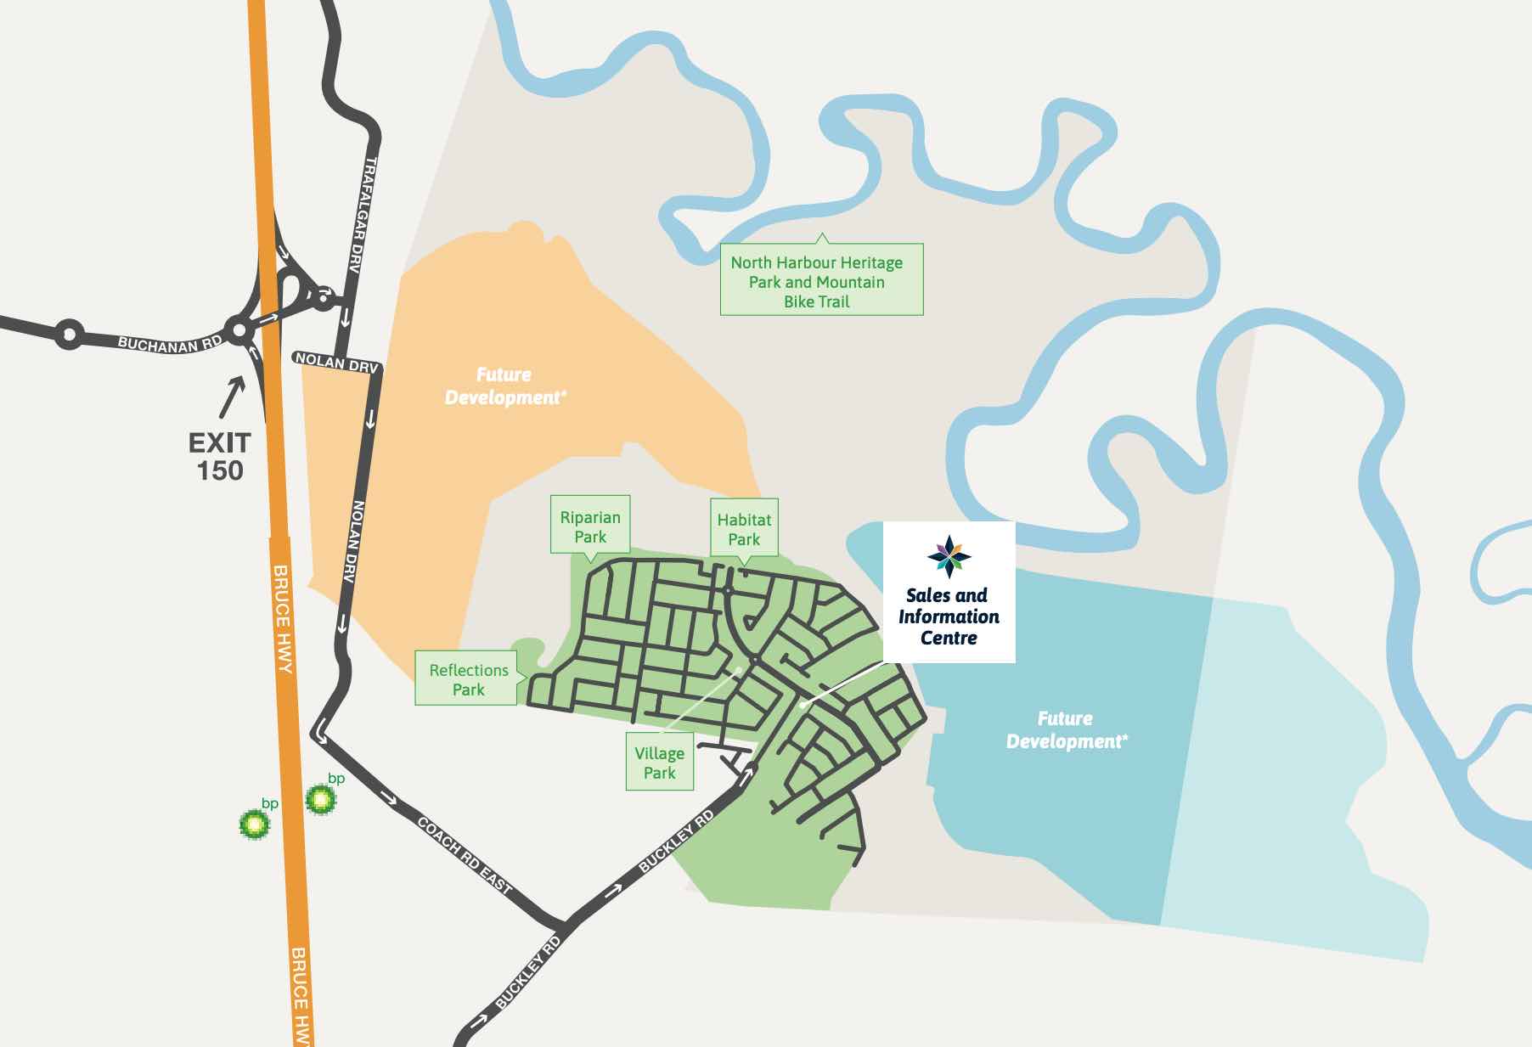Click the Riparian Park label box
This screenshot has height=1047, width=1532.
click(x=590, y=526)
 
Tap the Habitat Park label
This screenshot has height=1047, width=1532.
click(x=744, y=528)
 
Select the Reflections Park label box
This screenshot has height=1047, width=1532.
click(x=467, y=679)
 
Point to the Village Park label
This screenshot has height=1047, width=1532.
click(x=659, y=763)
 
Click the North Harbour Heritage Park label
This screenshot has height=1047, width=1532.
click(x=817, y=281)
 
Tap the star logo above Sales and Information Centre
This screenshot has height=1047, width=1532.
click(x=949, y=557)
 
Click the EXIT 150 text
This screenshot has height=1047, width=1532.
click(x=220, y=456)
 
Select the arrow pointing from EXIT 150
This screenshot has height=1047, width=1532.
click(x=232, y=397)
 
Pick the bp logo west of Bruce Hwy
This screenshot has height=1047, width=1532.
click(x=254, y=823)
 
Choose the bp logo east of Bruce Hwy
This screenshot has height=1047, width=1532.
click(x=321, y=798)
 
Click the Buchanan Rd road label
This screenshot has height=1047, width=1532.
click(x=170, y=343)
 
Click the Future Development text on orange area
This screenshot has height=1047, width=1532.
click(x=504, y=386)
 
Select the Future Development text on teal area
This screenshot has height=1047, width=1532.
click(x=1066, y=730)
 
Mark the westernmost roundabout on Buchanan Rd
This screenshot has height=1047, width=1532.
click(x=69, y=335)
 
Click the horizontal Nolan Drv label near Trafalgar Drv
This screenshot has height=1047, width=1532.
click(x=336, y=361)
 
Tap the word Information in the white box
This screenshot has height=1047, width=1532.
click(x=949, y=616)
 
